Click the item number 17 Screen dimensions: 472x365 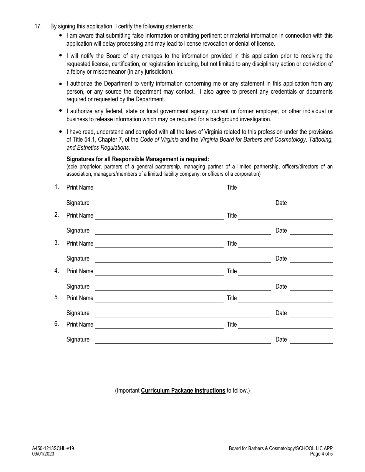(38, 26)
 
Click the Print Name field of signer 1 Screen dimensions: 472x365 (159, 188)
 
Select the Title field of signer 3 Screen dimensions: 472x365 (285, 244)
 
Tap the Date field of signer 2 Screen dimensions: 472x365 (311, 231)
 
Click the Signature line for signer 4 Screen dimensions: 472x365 (183, 287)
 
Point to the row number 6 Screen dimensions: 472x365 (56, 324)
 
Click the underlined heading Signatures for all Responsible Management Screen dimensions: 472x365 (138, 159)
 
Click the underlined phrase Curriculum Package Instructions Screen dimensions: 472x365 (183, 391)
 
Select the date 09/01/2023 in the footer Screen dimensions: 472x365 (43, 454)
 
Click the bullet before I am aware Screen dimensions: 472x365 (61, 35)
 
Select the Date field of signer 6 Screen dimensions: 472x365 (311, 340)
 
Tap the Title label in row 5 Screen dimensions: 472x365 (232, 298)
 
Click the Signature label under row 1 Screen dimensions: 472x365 (78, 203)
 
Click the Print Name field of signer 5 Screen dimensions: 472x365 (159, 298)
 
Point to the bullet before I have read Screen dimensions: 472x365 (61, 132)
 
